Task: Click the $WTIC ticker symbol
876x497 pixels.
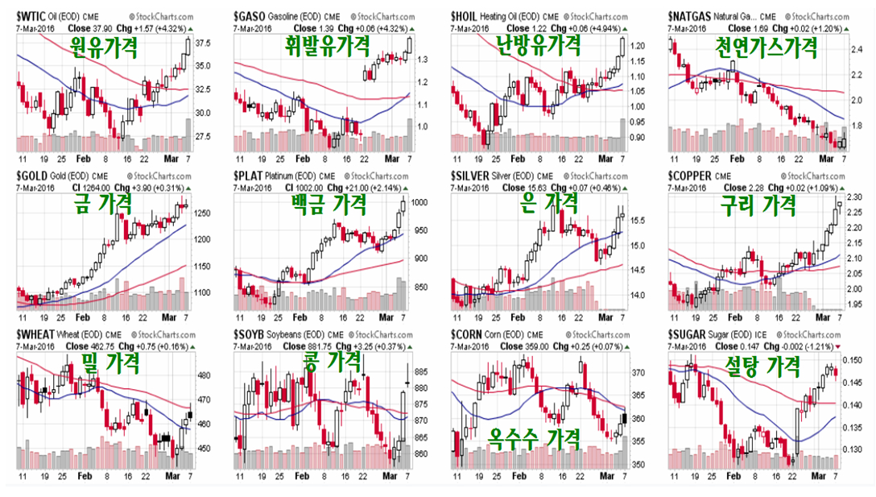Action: click(x=33, y=16)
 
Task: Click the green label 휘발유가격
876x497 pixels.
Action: click(x=324, y=46)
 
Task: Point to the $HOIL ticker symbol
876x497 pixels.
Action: click(x=469, y=16)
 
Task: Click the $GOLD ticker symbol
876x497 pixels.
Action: click(x=34, y=174)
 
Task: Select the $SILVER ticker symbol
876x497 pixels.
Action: click(x=473, y=174)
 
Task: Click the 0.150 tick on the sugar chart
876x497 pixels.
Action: click(x=856, y=360)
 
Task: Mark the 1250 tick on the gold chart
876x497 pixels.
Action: click(x=203, y=213)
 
